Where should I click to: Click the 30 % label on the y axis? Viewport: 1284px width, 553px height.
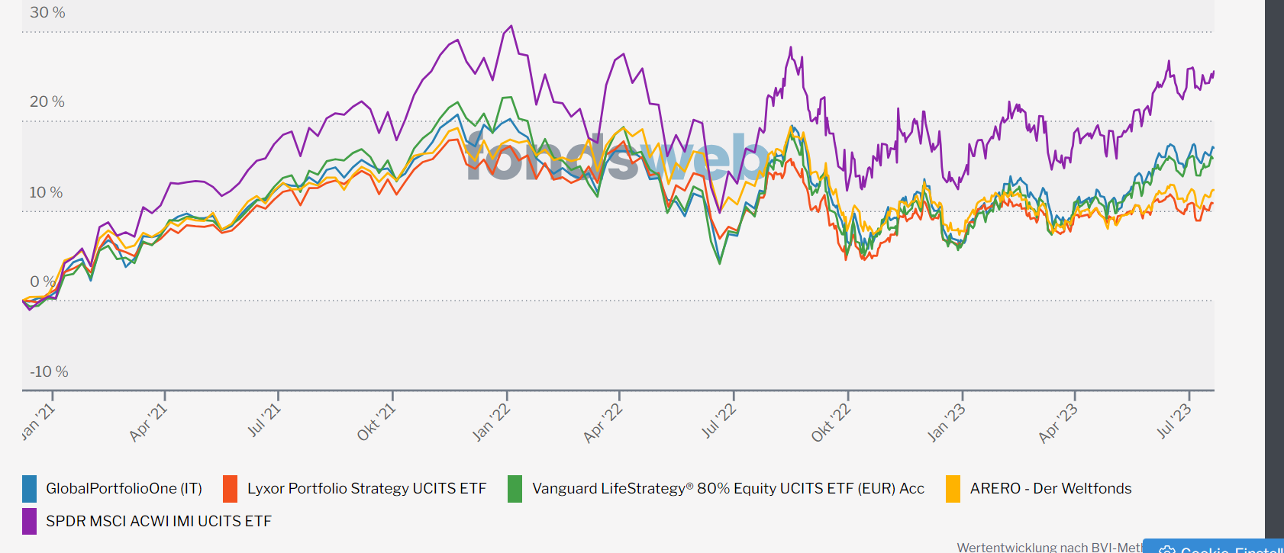point(47,13)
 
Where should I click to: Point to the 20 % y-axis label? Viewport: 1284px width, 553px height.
point(47,102)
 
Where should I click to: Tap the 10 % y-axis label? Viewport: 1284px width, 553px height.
point(46,192)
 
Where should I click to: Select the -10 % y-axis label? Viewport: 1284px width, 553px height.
point(49,371)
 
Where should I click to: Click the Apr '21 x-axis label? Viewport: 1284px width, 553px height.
point(148,423)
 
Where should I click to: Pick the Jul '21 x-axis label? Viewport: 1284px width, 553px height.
point(264,420)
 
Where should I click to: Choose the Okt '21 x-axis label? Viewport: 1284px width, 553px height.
point(376,422)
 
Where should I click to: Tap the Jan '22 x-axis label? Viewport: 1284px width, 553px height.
point(491,423)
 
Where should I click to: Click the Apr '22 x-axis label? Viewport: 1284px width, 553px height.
point(603,423)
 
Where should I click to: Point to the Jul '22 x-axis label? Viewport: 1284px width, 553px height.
point(718,421)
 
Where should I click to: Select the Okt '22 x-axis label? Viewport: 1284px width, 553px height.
point(831,423)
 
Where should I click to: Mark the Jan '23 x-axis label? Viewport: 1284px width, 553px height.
point(946,423)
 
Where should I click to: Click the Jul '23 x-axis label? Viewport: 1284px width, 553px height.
point(1173,420)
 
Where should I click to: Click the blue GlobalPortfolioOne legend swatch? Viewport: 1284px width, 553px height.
point(30,489)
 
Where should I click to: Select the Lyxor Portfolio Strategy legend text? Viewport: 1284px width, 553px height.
point(366,489)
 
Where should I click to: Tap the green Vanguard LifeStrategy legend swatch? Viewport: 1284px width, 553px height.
point(515,489)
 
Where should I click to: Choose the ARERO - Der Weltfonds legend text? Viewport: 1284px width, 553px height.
point(1050,489)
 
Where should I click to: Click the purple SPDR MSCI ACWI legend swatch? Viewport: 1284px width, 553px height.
point(30,522)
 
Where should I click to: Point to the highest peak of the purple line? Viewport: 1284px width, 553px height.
point(511,26)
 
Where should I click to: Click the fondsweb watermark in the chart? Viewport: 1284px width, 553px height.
point(618,158)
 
